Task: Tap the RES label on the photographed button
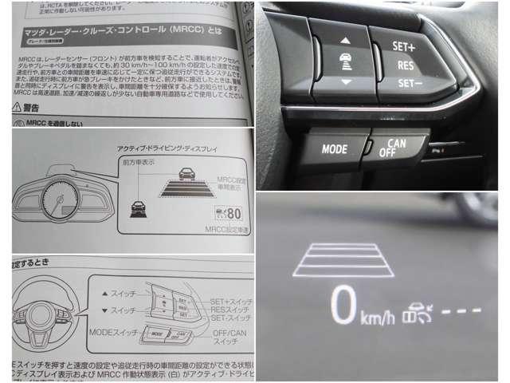tap(405, 64)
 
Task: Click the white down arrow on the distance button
tap(344, 82)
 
